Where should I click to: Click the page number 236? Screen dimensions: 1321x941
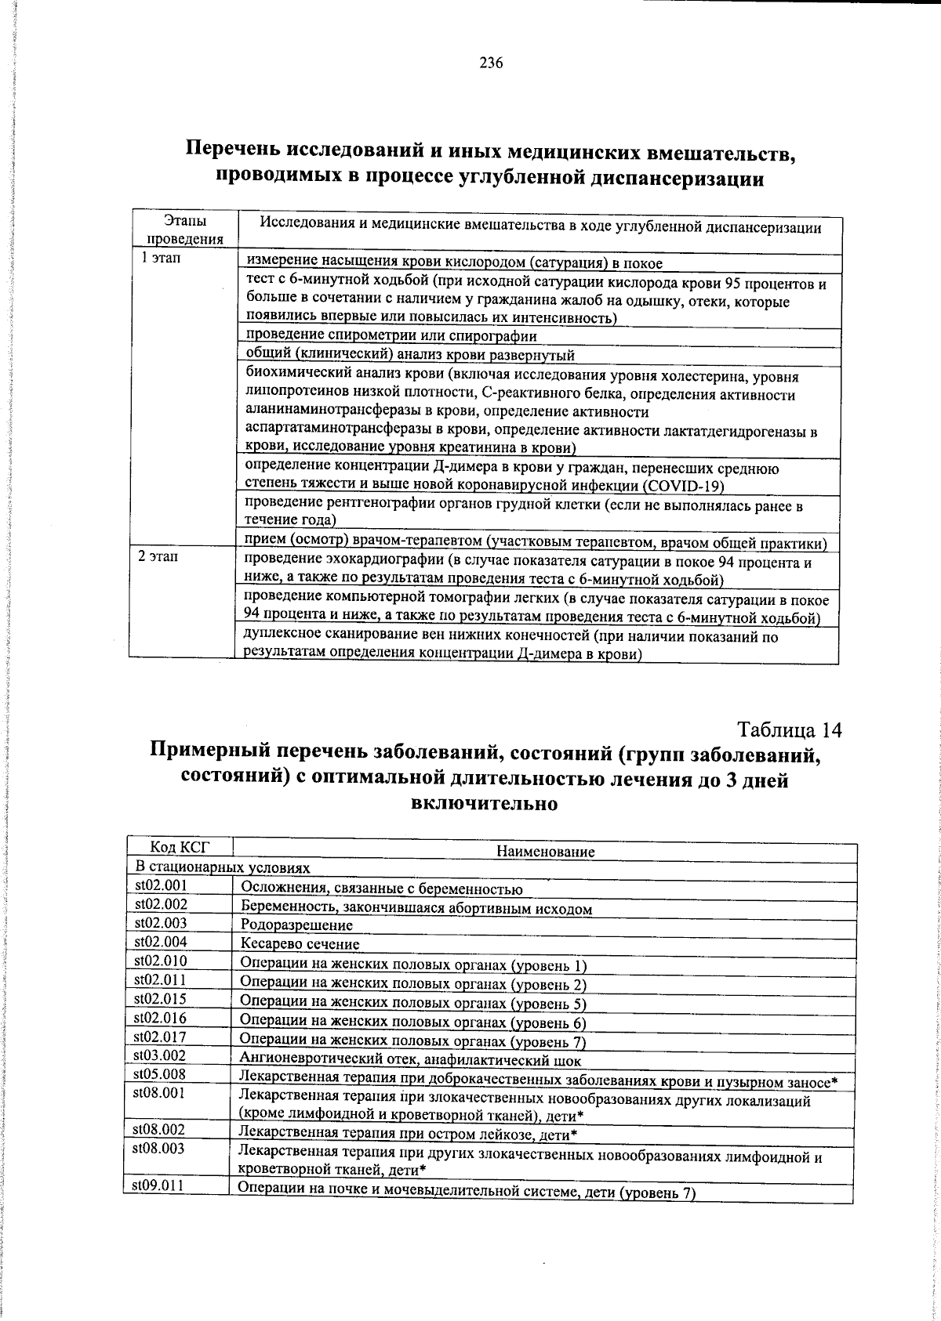(x=491, y=63)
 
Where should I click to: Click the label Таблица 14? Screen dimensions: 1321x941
(x=790, y=730)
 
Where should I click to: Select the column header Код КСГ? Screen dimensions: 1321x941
(x=180, y=846)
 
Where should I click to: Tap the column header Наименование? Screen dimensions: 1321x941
(x=546, y=852)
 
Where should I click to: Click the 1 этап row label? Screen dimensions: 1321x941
(x=162, y=258)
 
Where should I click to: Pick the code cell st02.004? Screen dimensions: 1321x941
(x=161, y=942)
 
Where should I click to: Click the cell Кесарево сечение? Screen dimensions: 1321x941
(x=300, y=945)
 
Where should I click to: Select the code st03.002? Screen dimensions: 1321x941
(x=160, y=1055)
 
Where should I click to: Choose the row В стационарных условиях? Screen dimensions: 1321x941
(x=223, y=868)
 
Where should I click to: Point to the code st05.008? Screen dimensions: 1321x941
(x=160, y=1074)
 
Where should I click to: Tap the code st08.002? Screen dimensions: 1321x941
(x=159, y=1130)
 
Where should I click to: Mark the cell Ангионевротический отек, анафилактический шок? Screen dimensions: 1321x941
(x=411, y=1061)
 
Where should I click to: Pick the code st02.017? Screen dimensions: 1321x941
(x=160, y=1037)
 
